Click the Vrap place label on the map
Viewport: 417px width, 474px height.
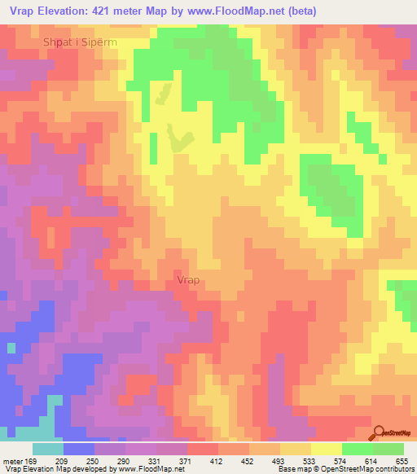click(x=187, y=280)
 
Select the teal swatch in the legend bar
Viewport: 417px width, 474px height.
click(x=47, y=449)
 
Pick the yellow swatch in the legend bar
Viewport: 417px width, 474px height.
click(x=327, y=449)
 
